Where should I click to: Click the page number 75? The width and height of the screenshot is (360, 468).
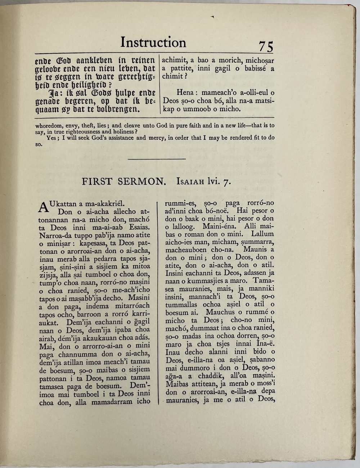266,47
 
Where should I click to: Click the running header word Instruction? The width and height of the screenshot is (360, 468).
153,42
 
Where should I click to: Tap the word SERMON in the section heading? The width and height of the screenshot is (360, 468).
142,181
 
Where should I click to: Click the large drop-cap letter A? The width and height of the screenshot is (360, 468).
43,207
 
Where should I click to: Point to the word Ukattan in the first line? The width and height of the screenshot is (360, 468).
62,204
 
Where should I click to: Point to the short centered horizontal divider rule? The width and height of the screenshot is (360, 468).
157,159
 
